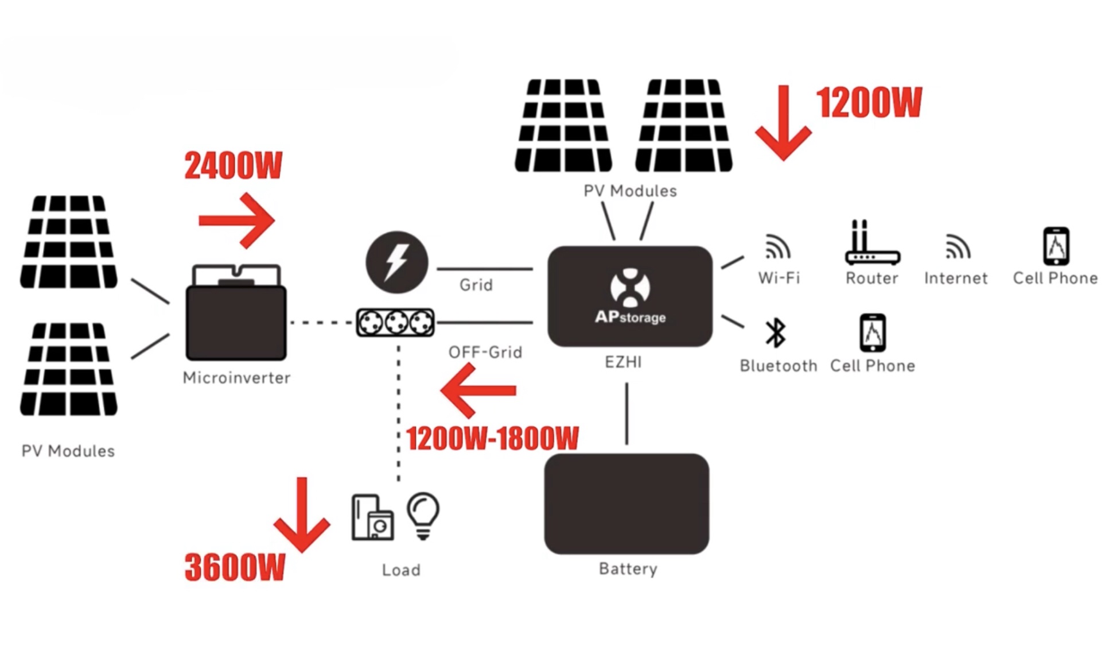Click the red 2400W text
click(x=233, y=166)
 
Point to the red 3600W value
click(x=235, y=567)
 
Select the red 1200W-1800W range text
click(x=492, y=439)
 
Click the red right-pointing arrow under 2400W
click(x=237, y=221)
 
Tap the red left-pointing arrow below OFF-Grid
click(x=478, y=391)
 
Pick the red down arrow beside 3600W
click(x=302, y=515)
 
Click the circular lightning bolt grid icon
click(x=396, y=262)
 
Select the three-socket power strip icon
click(x=395, y=322)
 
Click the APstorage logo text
click(x=630, y=317)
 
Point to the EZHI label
click(x=623, y=362)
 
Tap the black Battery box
click(x=627, y=504)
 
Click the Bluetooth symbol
click(x=776, y=333)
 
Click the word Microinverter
click(x=236, y=378)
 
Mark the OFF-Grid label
click(x=485, y=352)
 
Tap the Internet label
click(x=956, y=278)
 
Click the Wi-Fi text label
click(x=779, y=278)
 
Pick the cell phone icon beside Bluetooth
click(x=872, y=332)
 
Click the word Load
click(x=401, y=570)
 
